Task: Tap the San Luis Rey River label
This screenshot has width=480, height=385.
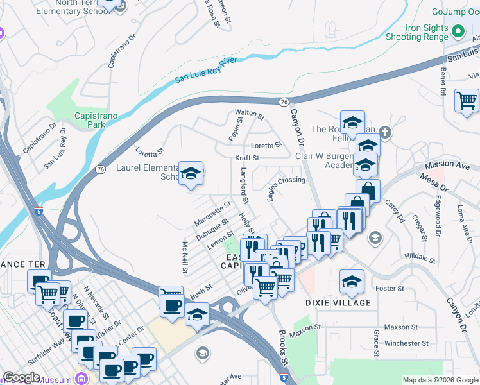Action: (x=205, y=71)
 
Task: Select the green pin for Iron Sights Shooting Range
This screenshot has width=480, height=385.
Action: (x=458, y=31)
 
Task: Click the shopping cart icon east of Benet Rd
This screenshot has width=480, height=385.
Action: (x=467, y=101)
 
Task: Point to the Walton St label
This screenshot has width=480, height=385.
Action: (x=250, y=115)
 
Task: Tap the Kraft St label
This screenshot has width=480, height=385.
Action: (x=246, y=158)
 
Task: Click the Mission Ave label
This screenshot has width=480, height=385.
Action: (x=447, y=164)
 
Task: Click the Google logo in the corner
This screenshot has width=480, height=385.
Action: (x=22, y=377)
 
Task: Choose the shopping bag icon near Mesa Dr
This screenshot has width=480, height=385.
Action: (x=368, y=191)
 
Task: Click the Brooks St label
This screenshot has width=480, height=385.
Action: (x=285, y=346)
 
